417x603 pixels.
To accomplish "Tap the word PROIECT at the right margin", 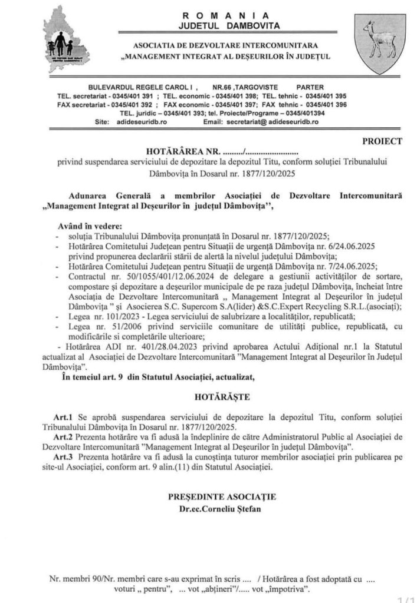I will point(383,141).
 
